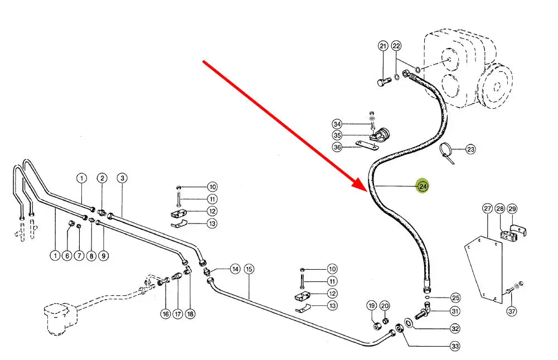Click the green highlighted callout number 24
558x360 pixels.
click(423, 186)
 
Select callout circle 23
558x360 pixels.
click(470, 149)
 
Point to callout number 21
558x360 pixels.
click(382, 46)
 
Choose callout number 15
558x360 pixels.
click(249, 269)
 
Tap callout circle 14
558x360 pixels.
click(235, 269)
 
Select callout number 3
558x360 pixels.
click(122, 178)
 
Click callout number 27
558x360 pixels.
click(487, 209)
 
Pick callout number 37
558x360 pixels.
click(512, 311)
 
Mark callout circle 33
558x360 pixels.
click(455, 347)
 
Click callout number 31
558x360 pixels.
click(455, 311)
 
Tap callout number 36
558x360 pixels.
click(337, 147)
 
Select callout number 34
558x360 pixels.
click(337, 123)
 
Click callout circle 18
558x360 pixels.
click(191, 314)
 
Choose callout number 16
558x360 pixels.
click(165, 314)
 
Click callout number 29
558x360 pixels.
click(512, 209)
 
